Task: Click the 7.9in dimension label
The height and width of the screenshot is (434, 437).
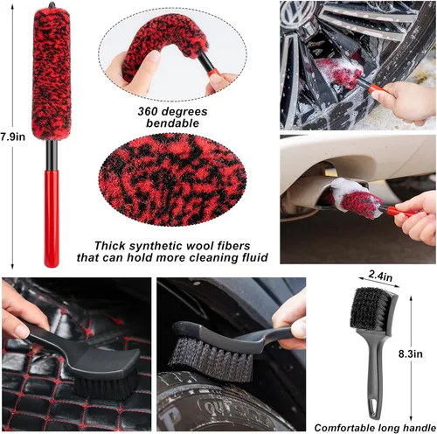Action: point(11,136)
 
